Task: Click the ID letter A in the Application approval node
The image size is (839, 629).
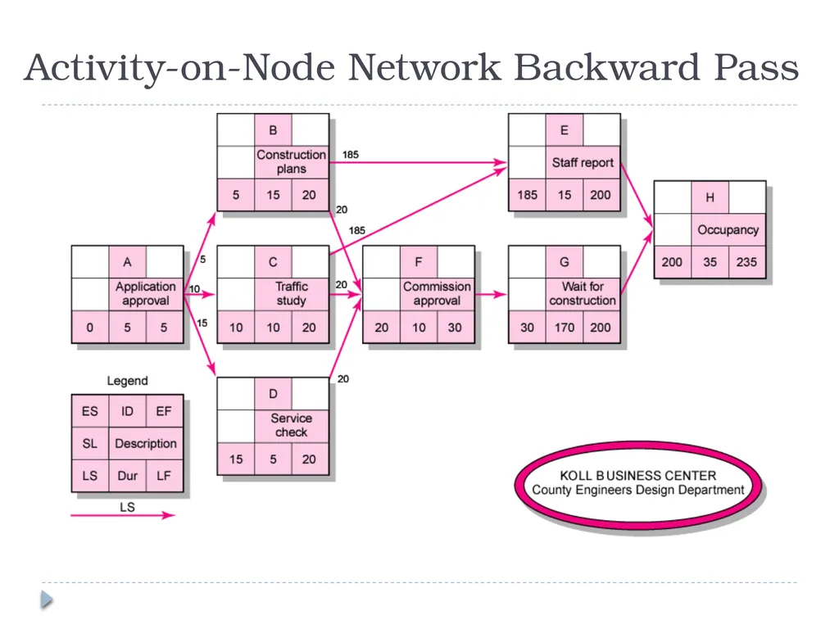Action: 127,262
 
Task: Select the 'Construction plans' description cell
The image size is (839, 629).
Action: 292,162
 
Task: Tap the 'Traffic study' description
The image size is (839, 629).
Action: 292,294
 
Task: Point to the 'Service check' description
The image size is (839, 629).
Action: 292,425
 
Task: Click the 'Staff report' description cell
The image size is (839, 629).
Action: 583,162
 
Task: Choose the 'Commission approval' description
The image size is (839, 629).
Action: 438,294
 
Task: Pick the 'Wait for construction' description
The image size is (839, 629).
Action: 583,294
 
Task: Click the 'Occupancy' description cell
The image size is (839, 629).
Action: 728,229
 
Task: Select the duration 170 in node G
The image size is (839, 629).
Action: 565,328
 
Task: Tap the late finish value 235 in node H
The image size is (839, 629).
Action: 746,262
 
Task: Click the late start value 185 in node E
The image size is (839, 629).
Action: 527,195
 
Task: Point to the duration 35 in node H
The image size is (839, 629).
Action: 710,262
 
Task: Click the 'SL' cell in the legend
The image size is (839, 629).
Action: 90,443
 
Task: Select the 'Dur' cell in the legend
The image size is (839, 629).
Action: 127,476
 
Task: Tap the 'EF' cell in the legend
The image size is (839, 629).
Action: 164,411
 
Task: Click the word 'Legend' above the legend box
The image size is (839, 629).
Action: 127,381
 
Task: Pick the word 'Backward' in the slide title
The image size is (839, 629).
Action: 607,67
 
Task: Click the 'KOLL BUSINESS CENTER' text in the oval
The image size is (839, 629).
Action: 637,476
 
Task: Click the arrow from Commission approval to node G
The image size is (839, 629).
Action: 490,294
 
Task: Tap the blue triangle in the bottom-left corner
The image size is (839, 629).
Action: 47,599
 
